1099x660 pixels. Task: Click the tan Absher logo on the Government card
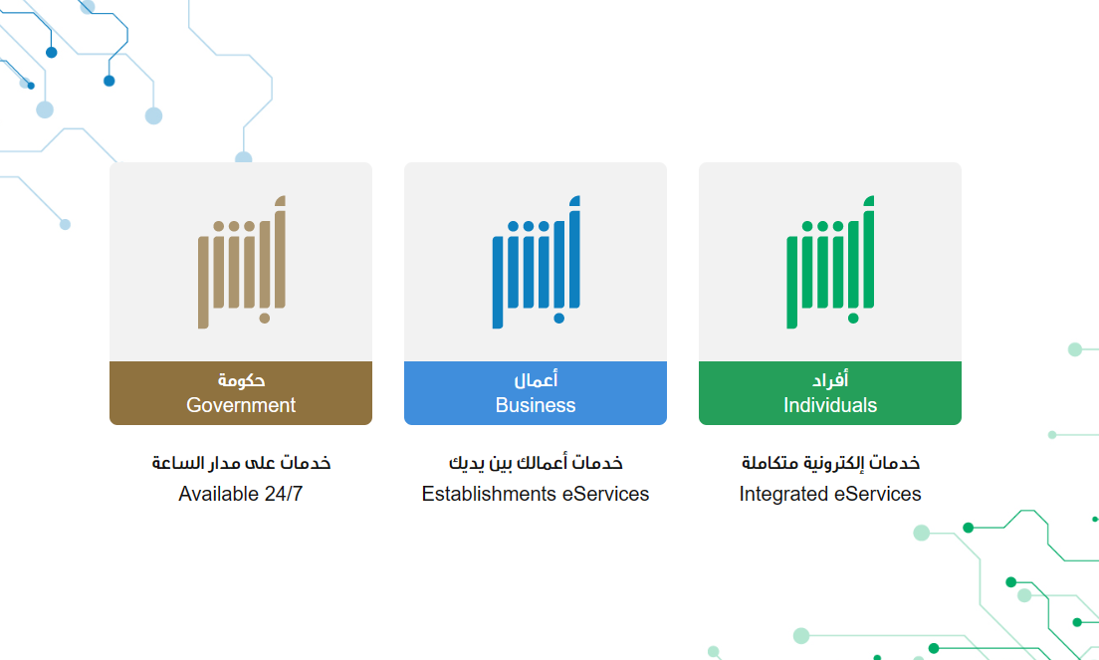pyautogui.click(x=241, y=262)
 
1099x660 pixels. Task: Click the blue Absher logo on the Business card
pyautogui.click(x=536, y=262)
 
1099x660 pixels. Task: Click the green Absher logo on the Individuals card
pyautogui.click(x=830, y=262)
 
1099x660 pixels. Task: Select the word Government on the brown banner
pyautogui.click(x=241, y=405)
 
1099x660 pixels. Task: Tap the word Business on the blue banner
pyautogui.click(x=536, y=405)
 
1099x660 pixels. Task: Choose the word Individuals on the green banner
pyautogui.click(x=830, y=405)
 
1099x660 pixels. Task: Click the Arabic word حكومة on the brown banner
pyautogui.click(x=241, y=380)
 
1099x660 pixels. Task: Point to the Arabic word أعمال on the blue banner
pyautogui.click(x=536, y=379)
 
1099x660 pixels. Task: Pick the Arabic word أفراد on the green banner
pyautogui.click(x=830, y=379)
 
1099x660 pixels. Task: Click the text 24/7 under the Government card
pyautogui.click(x=284, y=494)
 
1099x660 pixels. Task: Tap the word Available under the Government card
pyautogui.click(x=219, y=494)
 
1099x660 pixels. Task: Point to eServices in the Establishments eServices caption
pyautogui.click(x=605, y=494)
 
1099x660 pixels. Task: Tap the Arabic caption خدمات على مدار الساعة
pyautogui.click(x=241, y=463)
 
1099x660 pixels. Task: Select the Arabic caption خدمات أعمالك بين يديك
pyautogui.click(x=536, y=463)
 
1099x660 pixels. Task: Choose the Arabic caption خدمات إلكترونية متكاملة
pyautogui.click(x=830, y=463)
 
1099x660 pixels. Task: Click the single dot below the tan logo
pyautogui.click(x=264, y=319)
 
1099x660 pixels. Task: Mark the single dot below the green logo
pyautogui.click(x=853, y=319)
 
